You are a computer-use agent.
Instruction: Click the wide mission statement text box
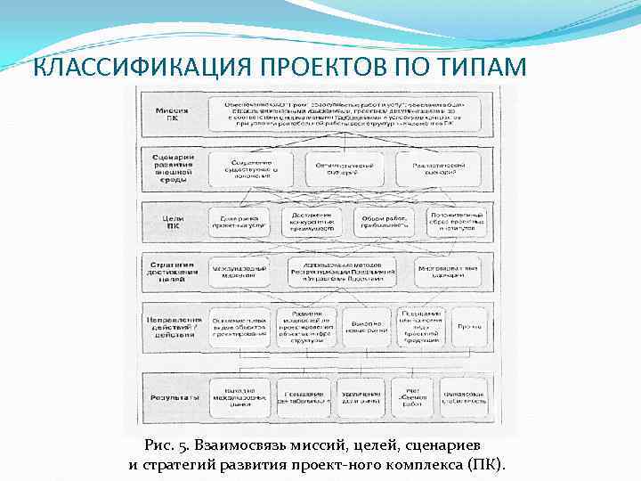point(348,113)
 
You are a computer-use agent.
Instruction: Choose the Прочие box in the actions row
point(470,327)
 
